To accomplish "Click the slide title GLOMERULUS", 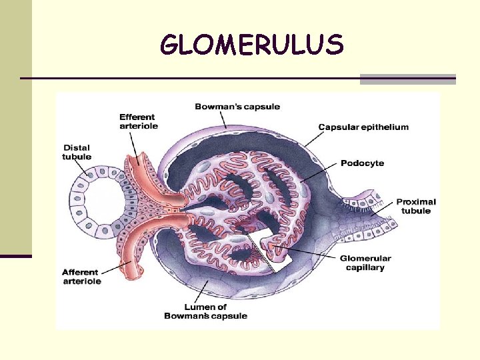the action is [252, 45].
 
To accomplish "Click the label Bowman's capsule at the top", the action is [237, 107].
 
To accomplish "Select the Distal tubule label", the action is [77, 153].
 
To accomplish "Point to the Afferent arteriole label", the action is [81, 277].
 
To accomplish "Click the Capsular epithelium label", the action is [363, 127].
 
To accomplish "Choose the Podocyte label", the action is [362, 163].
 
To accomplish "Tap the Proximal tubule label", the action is [416, 206].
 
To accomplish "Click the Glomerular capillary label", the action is [365, 263].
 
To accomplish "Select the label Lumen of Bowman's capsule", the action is [205, 311].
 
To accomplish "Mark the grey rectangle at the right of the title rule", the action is [407, 79].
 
